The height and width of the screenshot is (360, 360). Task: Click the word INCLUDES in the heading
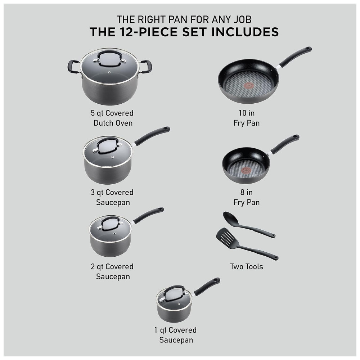tap(245, 32)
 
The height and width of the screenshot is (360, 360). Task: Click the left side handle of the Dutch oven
tap(73, 67)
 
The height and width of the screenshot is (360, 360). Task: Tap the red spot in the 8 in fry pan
tap(246, 170)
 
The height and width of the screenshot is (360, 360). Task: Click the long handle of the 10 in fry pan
tap(295, 56)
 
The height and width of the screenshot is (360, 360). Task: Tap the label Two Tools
tap(247, 266)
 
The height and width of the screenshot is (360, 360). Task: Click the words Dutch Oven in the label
tap(113, 123)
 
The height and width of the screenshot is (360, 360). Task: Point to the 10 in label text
tap(247, 113)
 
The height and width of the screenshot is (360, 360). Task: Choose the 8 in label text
tap(247, 192)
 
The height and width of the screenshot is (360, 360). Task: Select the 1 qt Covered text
tap(175, 330)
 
